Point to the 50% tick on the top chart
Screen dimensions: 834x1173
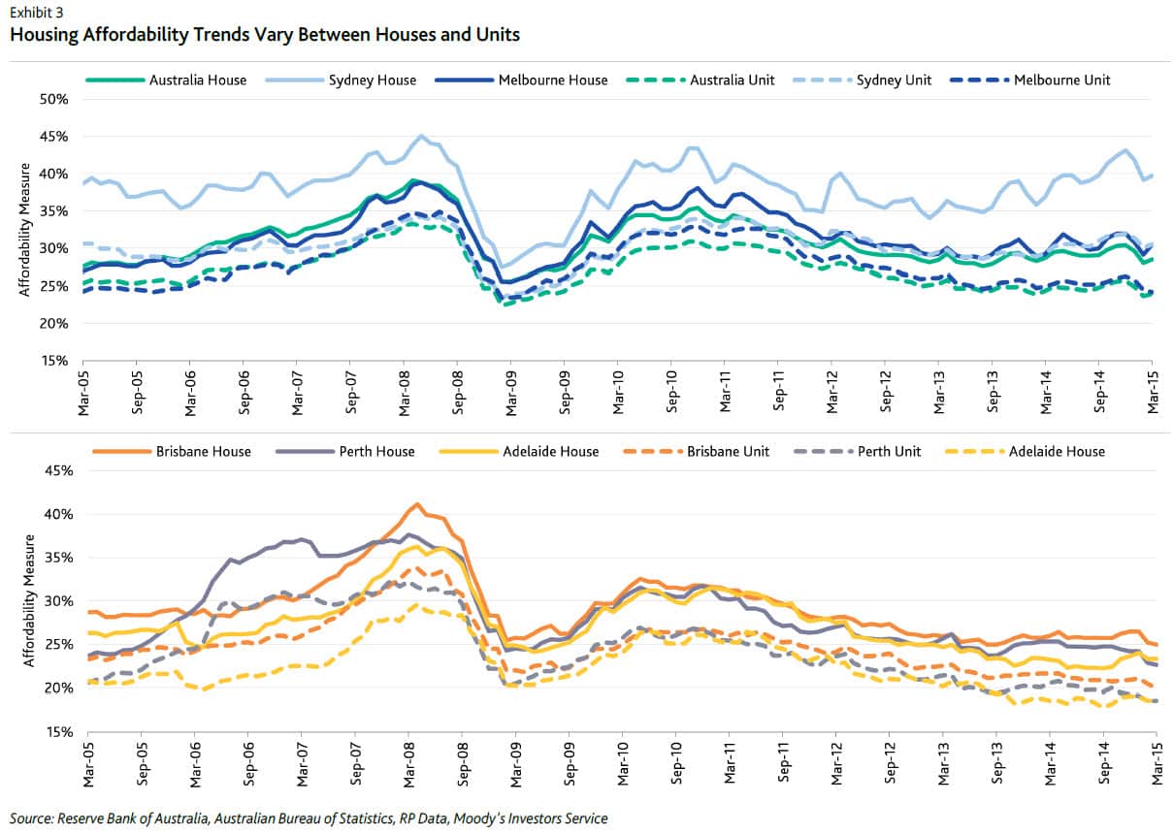point(54,99)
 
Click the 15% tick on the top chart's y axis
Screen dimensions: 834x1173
point(54,360)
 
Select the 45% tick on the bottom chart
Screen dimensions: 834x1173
point(54,470)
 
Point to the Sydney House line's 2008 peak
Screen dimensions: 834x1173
point(421,136)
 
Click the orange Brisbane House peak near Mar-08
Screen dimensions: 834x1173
point(417,503)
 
